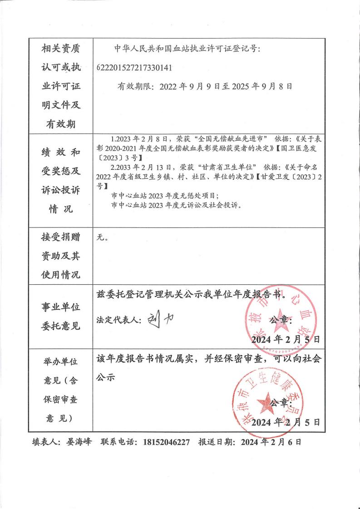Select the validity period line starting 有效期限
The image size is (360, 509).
click(205, 86)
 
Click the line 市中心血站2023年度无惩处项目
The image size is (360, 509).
click(165, 196)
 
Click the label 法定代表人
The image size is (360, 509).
click(116, 319)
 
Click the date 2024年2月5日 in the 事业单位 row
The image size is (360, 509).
click(286, 339)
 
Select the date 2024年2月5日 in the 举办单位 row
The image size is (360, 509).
click(286, 422)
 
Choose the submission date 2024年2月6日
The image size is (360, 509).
click(271, 442)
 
